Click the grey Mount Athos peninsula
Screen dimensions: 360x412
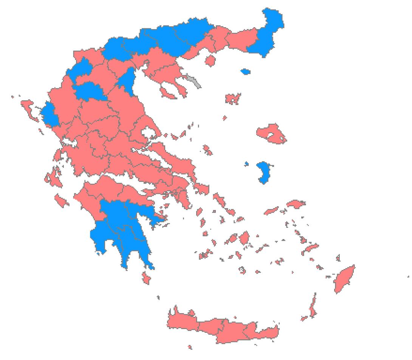pos(193,81)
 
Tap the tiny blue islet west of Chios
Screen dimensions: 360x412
pos(246,164)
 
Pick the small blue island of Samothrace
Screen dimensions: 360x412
pos(245,71)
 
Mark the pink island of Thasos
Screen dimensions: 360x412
pos(210,60)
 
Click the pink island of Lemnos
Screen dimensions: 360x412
pos(233,99)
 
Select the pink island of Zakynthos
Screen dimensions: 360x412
pos(62,200)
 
